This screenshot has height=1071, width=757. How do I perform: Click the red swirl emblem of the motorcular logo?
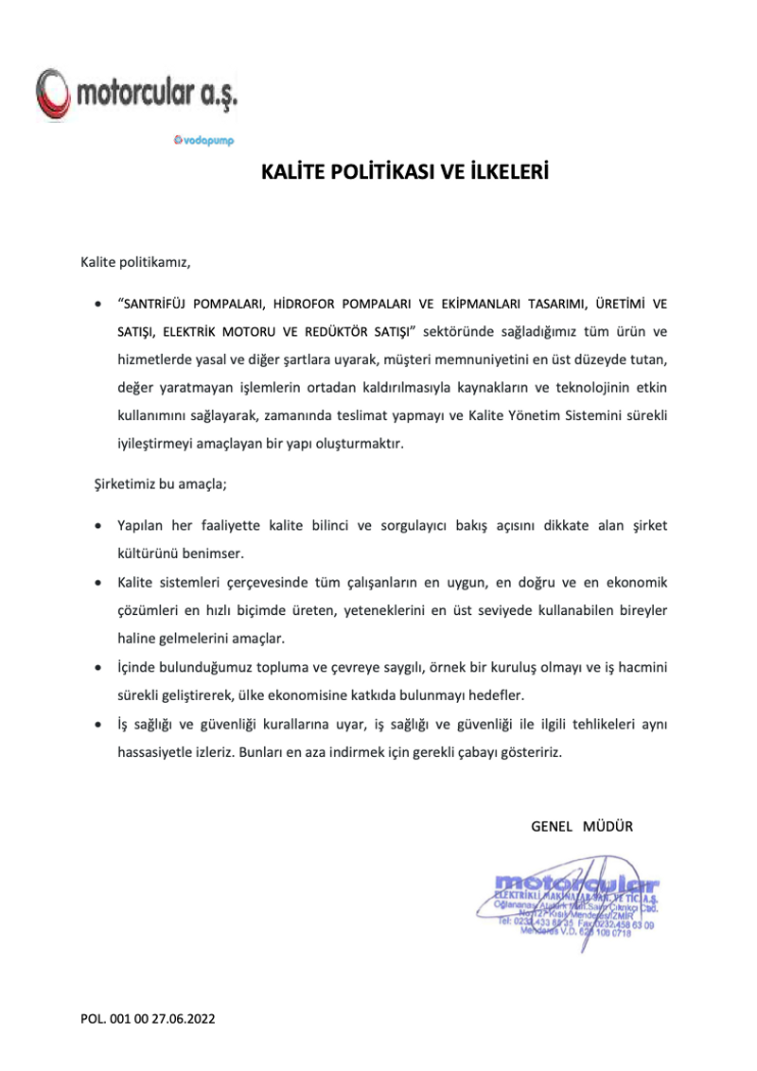coord(52,93)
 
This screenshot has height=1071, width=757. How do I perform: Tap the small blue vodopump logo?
coord(203,140)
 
